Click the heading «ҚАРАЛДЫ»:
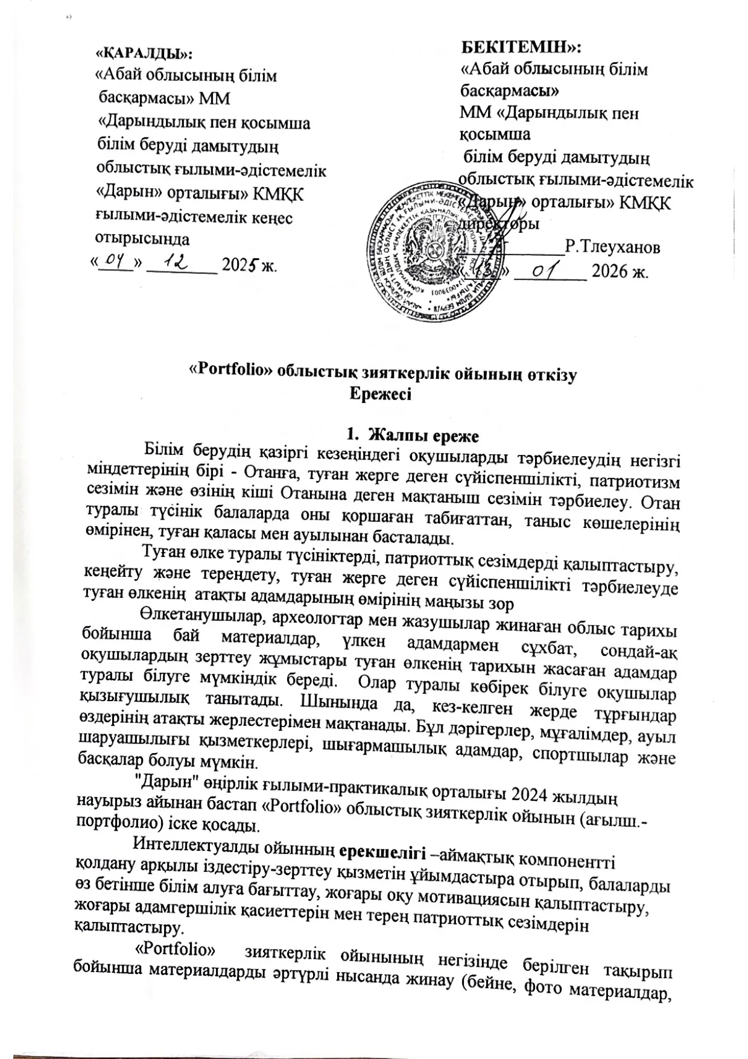point(144,54)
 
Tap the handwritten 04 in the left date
point(114,261)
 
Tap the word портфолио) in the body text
point(115,824)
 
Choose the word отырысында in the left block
point(143,239)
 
